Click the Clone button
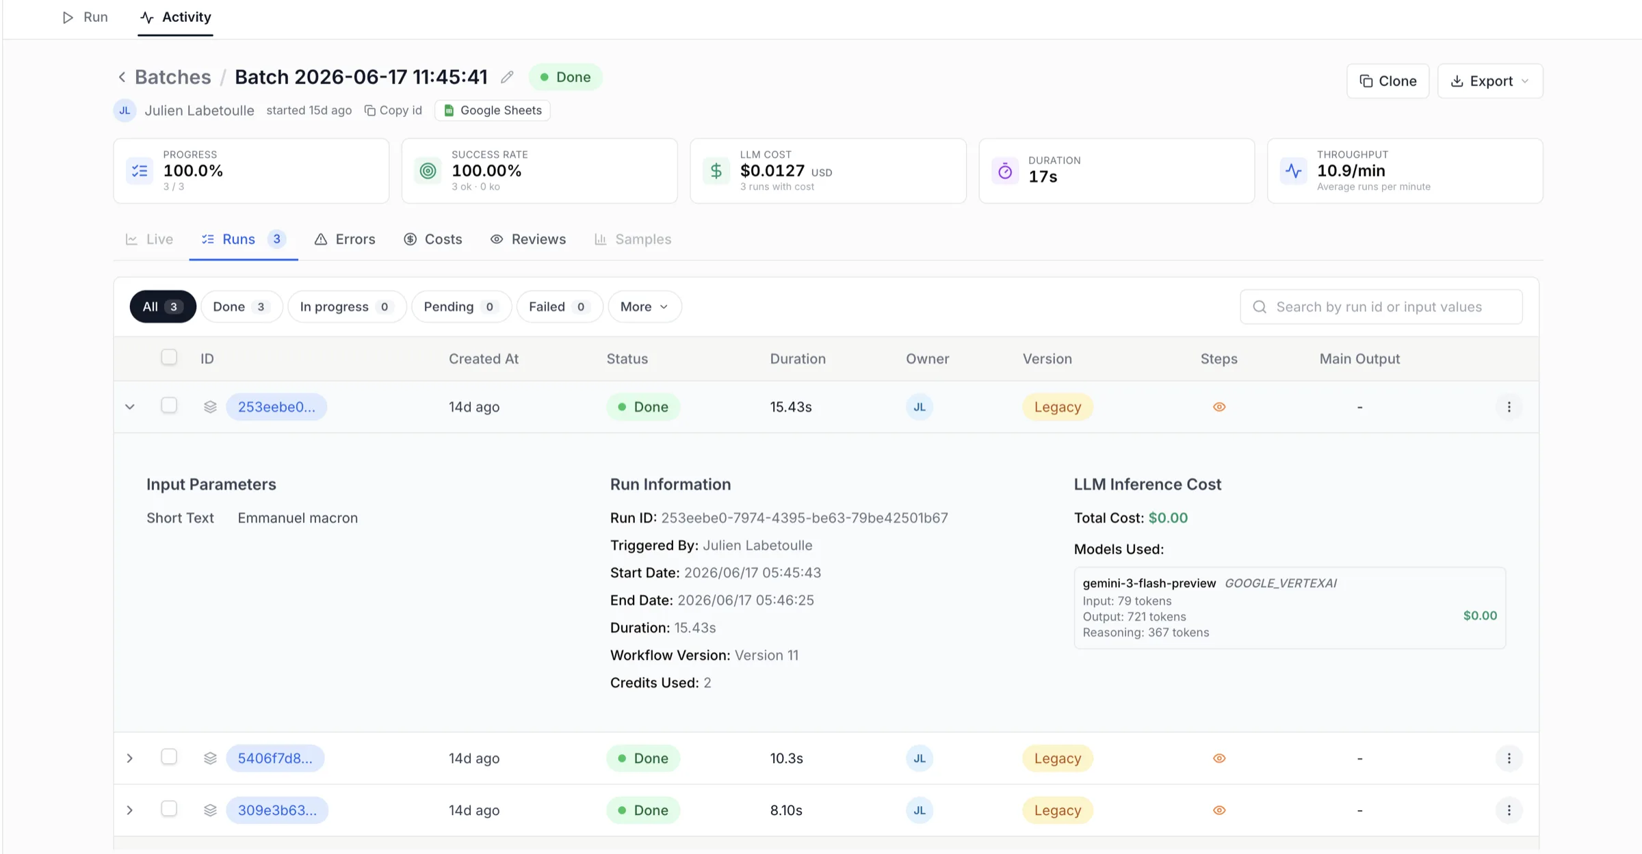pos(1387,81)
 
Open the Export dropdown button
pos(1490,81)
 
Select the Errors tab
pos(345,239)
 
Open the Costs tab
pos(433,239)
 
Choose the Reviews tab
pos(528,239)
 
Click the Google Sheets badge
pos(493,110)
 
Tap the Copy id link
pos(393,110)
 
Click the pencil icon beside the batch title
pos(507,77)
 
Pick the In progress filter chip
pos(347,307)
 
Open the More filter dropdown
pos(644,307)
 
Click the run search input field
pos(1381,307)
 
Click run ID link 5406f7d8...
pos(275,758)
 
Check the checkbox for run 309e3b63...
pos(169,809)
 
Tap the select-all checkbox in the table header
pos(169,358)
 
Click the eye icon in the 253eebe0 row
pos(1219,407)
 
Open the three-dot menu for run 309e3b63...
pos(1509,810)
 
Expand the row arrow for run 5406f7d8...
pos(130,758)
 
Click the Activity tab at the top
pos(176,17)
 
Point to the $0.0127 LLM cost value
pos(772,171)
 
